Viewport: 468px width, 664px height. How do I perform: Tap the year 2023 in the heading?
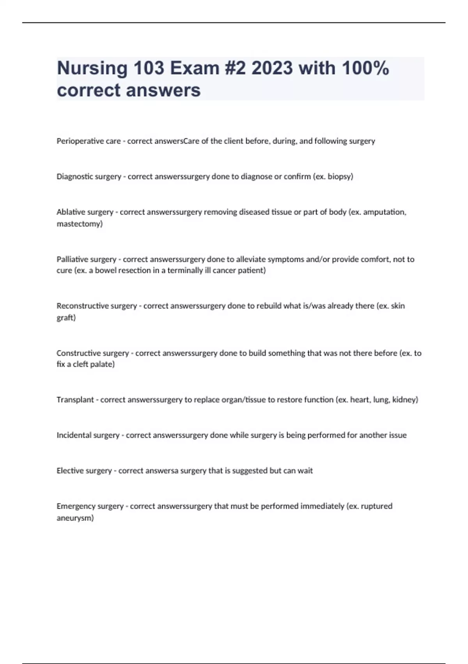(272, 68)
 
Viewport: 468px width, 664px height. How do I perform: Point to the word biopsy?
(339, 177)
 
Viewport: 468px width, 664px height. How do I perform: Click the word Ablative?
(71, 212)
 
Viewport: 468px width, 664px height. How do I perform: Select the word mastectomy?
(79, 224)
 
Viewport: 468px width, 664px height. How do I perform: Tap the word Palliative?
(73, 259)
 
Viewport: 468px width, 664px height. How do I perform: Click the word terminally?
(183, 270)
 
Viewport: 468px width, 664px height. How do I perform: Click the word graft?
(65, 318)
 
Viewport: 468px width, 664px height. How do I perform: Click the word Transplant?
(75, 400)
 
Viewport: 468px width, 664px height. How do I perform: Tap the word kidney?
(404, 400)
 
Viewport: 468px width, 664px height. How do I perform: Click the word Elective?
(70, 471)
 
